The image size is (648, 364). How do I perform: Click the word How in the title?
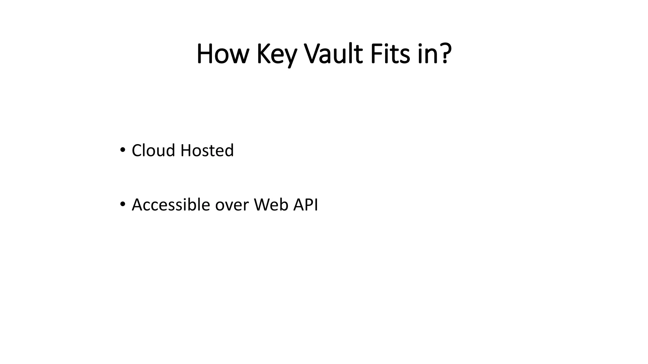221,54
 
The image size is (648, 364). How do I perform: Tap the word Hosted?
207,150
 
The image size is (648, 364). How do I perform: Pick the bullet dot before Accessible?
122,204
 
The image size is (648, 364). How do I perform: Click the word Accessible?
171,205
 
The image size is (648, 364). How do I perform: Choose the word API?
306,205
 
